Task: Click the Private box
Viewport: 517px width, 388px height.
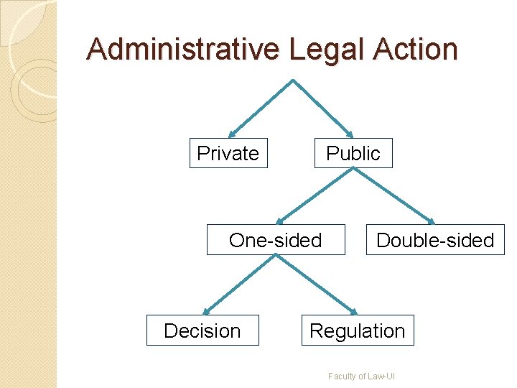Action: [x=228, y=153]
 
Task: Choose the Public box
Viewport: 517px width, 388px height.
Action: [x=353, y=153]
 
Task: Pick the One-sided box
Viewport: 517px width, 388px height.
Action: [x=276, y=240]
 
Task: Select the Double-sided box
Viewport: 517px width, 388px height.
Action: [x=435, y=240]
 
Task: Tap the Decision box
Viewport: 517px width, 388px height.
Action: [x=202, y=331]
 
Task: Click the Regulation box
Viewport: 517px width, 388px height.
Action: [x=358, y=331]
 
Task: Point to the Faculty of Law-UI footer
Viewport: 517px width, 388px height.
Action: [x=362, y=376]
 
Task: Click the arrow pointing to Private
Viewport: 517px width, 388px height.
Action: [x=260, y=108]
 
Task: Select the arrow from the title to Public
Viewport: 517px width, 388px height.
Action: [x=323, y=108]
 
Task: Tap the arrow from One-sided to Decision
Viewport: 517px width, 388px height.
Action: [x=239, y=285]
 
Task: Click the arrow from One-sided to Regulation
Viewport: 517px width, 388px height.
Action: [x=316, y=285]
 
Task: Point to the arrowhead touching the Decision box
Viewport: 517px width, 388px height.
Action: [x=205, y=311]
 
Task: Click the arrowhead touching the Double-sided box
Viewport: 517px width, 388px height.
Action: [x=432, y=221]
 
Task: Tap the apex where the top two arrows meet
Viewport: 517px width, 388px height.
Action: [x=292, y=80]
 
